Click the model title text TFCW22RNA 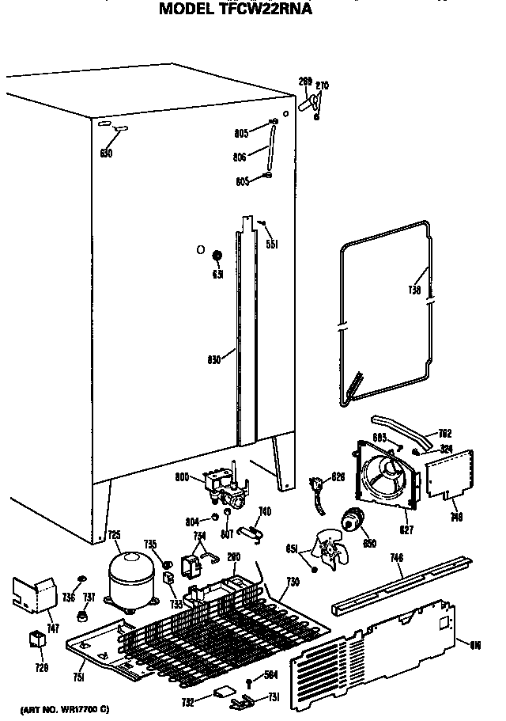point(235,10)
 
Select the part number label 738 point(414,290)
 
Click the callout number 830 point(213,359)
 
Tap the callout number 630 point(106,153)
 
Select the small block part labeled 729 point(36,639)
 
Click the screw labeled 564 point(250,681)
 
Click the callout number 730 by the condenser point(293,582)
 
